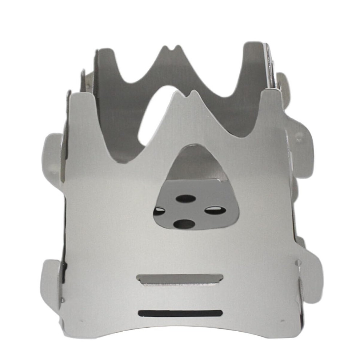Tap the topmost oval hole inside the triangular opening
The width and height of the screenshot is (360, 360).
[185, 199]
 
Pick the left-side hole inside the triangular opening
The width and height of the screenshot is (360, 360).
[159, 211]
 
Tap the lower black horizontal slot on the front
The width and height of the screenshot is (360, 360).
[180, 313]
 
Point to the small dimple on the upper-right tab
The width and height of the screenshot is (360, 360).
[299, 138]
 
